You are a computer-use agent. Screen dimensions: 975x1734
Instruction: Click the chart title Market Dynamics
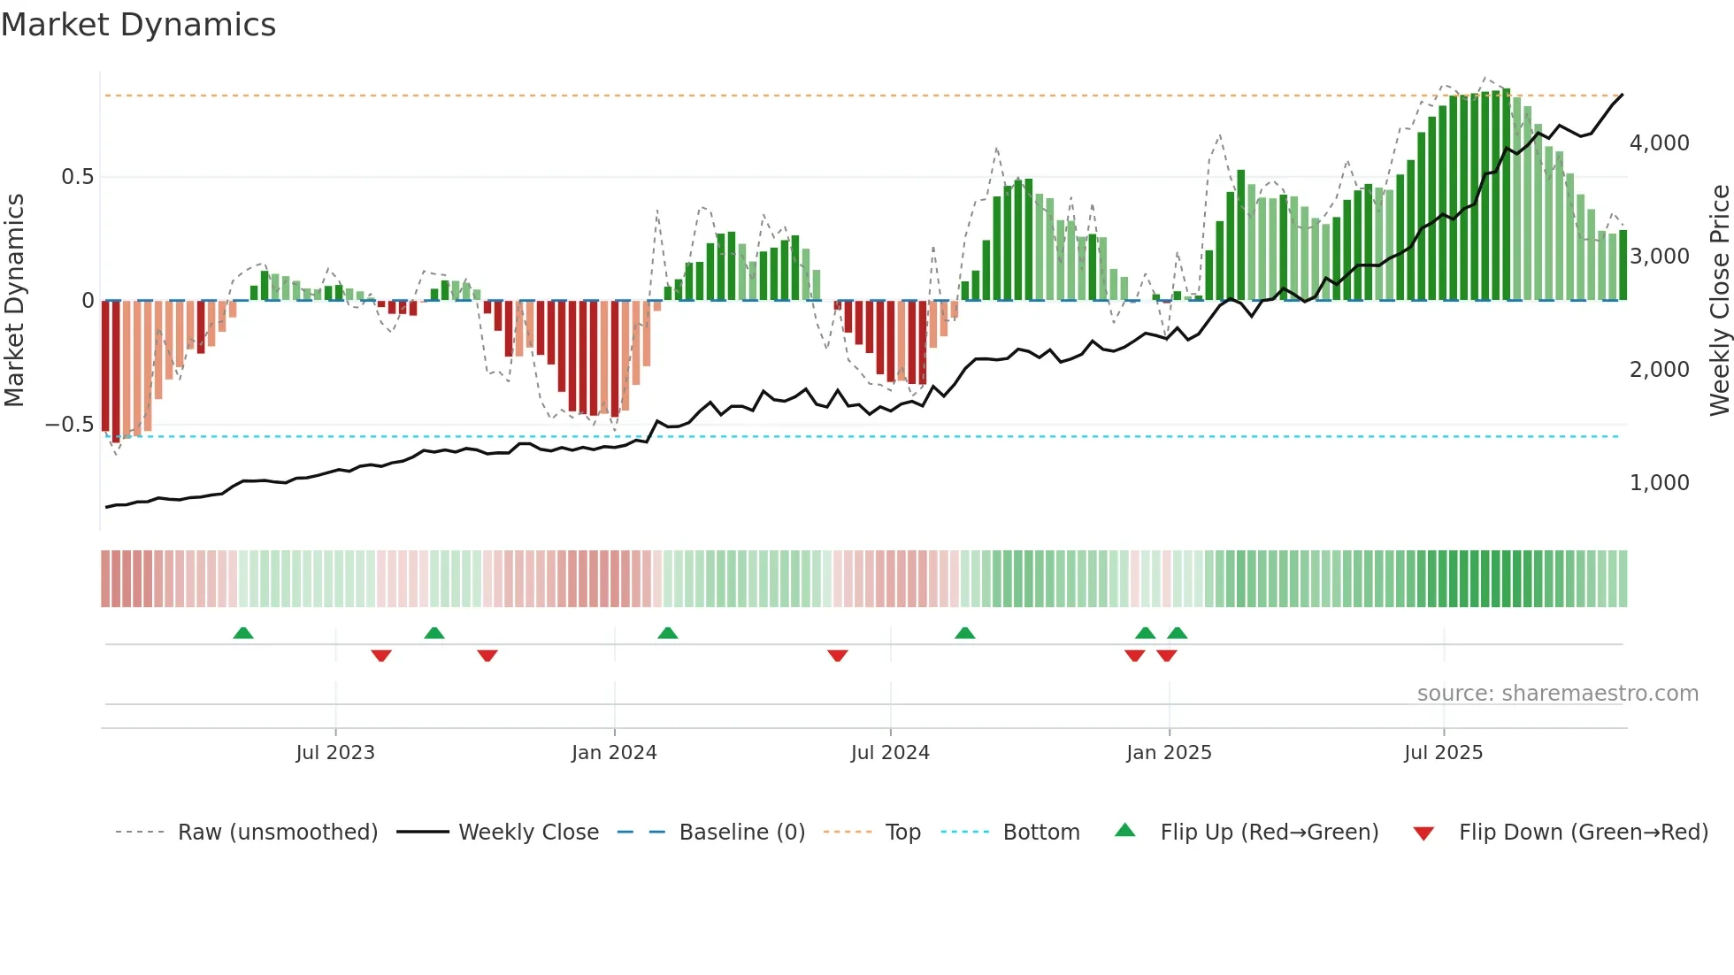coord(139,25)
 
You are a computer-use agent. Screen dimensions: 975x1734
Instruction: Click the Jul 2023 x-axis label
coord(335,753)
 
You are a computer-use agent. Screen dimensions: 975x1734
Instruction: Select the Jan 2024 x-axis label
coord(614,753)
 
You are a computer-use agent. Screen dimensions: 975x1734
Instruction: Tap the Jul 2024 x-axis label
coord(890,753)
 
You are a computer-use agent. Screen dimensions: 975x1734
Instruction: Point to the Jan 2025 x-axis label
coord(1169,753)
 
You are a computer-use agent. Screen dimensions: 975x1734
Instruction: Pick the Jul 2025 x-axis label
coord(1443,753)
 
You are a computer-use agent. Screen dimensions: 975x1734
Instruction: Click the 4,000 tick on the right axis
coord(1659,143)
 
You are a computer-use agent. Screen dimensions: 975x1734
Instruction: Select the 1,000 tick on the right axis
coord(1659,483)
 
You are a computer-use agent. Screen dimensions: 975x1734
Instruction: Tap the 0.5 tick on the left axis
coord(77,177)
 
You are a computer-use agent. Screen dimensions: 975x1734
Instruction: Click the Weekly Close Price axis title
coord(1719,301)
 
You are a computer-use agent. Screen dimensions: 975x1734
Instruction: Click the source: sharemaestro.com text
coord(1557,694)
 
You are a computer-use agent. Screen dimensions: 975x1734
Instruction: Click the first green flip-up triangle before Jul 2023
coord(243,633)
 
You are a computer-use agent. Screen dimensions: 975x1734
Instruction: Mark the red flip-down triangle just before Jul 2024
coord(838,656)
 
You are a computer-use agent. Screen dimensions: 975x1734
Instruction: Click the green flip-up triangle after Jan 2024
coord(668,633)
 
